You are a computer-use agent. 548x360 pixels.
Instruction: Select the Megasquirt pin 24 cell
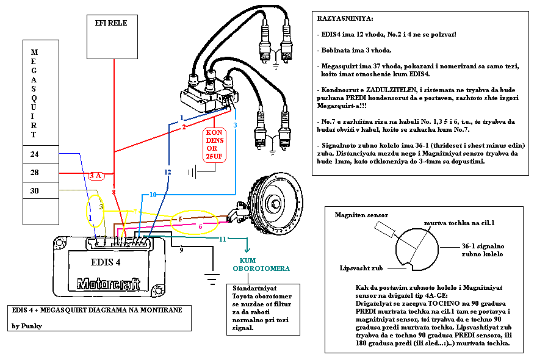coord(41,154)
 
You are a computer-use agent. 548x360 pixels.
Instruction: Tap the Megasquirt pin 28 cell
coord(41,173)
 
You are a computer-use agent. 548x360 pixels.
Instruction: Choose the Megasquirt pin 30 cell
coord(41,191)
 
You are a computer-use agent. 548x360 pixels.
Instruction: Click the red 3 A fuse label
coord(95,176)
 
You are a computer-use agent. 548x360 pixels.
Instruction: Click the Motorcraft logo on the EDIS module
coord(108,284)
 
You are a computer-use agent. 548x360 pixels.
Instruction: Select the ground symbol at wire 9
coord(212,279)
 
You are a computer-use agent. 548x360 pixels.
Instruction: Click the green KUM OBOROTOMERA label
coord(253,264)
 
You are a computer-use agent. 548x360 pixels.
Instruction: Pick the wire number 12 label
coord(168,173)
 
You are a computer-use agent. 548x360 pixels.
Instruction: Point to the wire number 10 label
coord(153,194)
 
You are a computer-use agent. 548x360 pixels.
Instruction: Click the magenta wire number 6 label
coord(200,226)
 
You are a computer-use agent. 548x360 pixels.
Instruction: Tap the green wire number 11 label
coord(222,240)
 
